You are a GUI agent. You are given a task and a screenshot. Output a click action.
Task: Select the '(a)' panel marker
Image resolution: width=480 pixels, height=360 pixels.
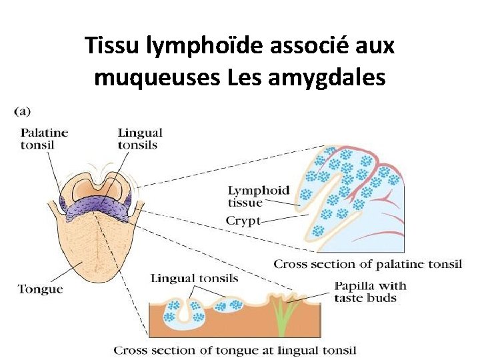coord(21,111)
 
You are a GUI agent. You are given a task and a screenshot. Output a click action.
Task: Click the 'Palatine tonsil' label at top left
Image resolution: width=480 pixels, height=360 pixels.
coord(44,139)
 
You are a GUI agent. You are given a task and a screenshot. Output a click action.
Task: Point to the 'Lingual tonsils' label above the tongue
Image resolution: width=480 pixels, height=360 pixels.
coord(139,139)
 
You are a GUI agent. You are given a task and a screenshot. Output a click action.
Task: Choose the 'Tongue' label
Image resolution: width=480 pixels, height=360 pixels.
coord(40,289)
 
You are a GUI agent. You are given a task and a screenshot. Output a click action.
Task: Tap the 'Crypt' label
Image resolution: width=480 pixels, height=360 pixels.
coord(243,221)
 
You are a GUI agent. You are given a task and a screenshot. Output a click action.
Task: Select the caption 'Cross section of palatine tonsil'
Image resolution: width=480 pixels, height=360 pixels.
coord(367,265)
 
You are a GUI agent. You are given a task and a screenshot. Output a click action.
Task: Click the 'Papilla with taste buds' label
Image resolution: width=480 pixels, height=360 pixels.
coord(370,292)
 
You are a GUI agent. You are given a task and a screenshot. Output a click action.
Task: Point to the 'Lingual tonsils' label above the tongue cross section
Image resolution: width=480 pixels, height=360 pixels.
coord(194,278)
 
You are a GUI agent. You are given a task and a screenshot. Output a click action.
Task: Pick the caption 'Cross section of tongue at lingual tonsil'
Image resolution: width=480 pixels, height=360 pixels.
coord(235,350)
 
